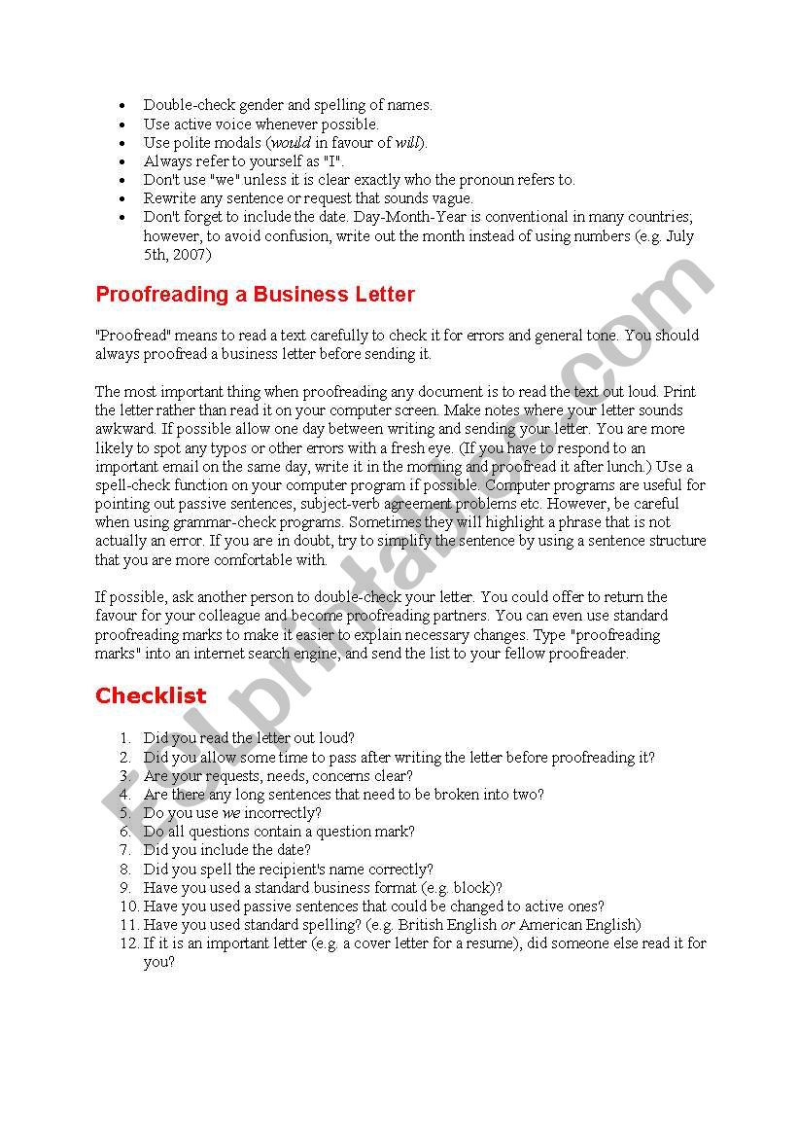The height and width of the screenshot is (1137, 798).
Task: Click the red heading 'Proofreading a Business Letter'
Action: point(255,294)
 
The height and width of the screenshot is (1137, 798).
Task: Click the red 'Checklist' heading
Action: point(151,695)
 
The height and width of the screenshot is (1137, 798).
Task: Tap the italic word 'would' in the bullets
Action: point(291,143)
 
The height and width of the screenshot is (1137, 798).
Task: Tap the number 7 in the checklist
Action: point(125,850)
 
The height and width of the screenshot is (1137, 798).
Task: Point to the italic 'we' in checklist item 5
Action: point(231,813)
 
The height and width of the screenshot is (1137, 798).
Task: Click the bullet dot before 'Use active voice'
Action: point(121,124)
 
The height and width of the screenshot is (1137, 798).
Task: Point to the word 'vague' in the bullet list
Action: point(451,198)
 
